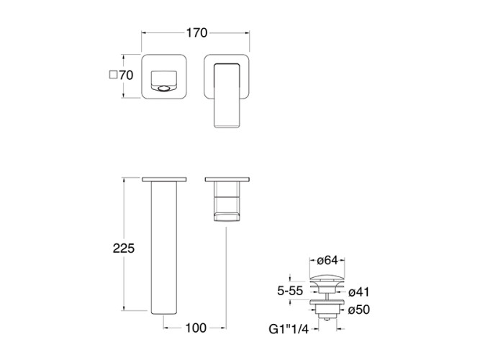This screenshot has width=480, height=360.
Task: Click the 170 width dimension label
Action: tap(197, 32)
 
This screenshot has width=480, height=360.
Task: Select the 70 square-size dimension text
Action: tap(126, 75)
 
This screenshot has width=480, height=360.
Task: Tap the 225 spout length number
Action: tap(124, 248)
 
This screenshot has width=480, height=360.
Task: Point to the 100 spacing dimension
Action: tap(196, 328)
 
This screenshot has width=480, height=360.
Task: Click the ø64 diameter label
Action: tap(327, 261)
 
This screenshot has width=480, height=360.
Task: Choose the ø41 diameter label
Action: tap(359, 292)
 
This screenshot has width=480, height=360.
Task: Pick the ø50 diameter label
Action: tap(359, 310)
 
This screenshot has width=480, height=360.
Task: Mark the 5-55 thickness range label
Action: tap(290, 291)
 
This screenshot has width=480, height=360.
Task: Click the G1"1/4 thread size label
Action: tap(289, 329)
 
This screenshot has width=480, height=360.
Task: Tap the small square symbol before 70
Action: tap(113, 75)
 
